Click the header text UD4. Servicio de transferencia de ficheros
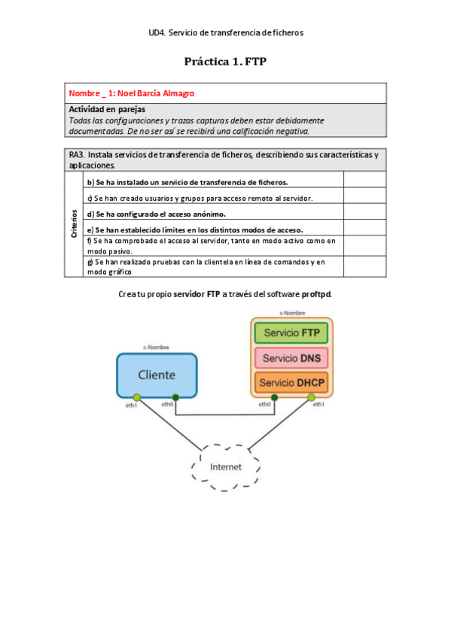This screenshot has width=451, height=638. point(226,33)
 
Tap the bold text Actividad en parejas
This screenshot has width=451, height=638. point(102,110)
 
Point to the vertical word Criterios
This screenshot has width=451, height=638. point(75,224)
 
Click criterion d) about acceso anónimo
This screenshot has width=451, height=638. point(147,214)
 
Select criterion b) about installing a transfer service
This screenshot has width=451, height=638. point(187,182)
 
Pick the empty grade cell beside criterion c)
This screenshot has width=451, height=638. point(364,198)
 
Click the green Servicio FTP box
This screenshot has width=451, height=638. point(291,333)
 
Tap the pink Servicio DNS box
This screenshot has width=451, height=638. point(291,358)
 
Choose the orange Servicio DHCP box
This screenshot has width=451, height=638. point(291,384)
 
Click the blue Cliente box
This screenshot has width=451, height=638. point(157,375)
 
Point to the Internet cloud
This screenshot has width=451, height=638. point(226,466)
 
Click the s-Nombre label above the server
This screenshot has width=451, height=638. point(291,311)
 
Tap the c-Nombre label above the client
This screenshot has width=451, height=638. point(157,348)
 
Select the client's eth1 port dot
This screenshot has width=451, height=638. point(137,397)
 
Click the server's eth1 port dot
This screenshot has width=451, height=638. point(311,397)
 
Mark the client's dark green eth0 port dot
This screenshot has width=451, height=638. point(175,397)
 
